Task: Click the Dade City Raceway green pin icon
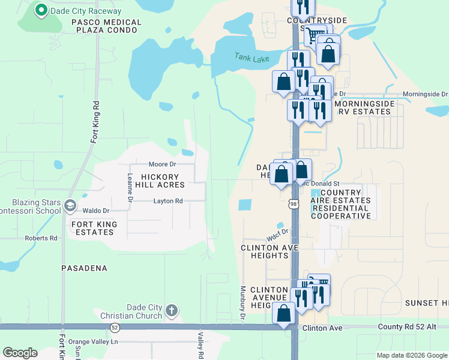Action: (x=41, y=10)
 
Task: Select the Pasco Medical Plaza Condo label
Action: (x=106, y=26)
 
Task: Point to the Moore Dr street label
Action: (x=162, y=164)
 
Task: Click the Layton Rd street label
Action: (x=167, y=201)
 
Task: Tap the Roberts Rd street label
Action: (x=41, y=238)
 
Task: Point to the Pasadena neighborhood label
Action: (x=84, y=268)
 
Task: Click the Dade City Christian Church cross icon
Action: (x=172, y=311)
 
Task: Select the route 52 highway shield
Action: (x=115, y=327)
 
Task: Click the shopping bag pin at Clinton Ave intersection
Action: (x=283, y=313)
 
